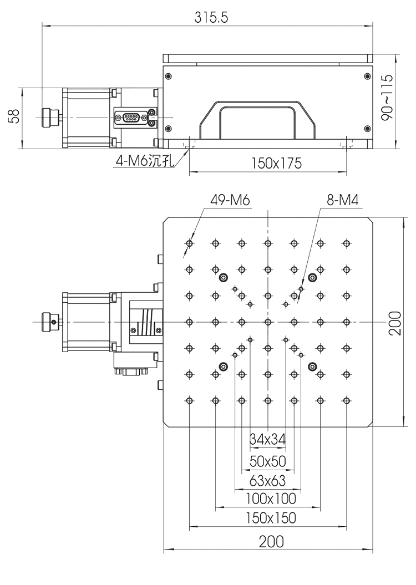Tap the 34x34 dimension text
coord(268,439)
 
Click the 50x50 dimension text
coord(268,460)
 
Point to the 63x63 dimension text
coord(268,480)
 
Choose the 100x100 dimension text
coord(268,498)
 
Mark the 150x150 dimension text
coord(268,518)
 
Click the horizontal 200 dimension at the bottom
coord(268,541)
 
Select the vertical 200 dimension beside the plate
coord(394,322)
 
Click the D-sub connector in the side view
coord(131,118)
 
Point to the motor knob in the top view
coord(50,321)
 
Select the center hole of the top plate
coord(268,321)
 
